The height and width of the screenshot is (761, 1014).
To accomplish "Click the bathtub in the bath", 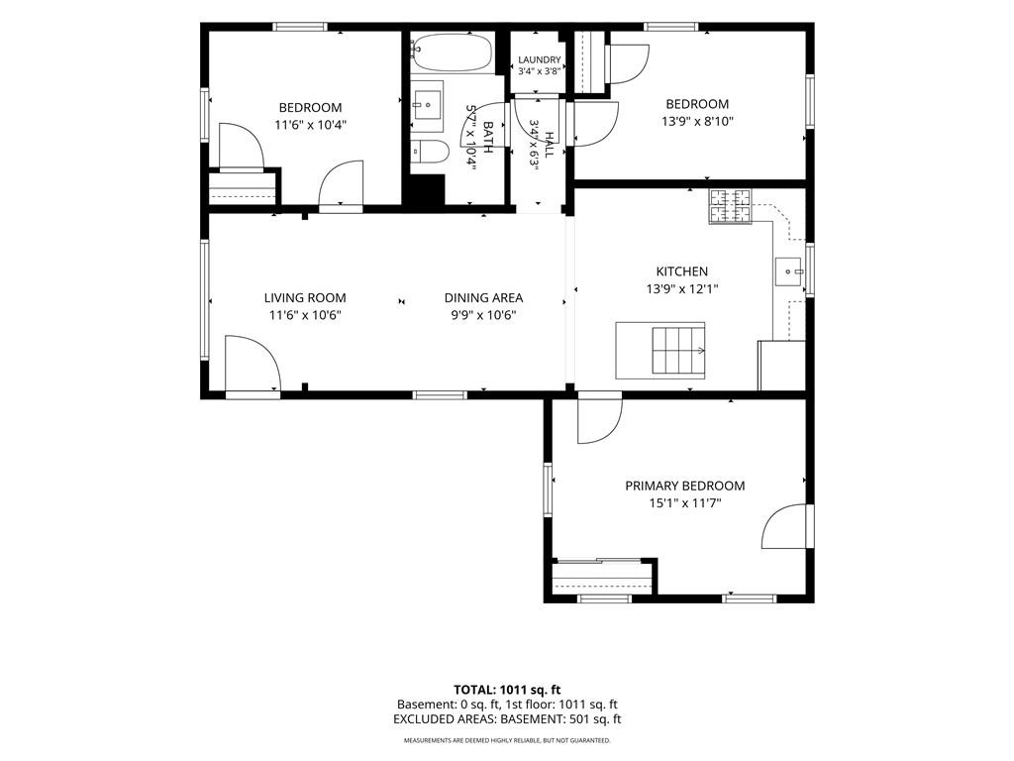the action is [452, 53].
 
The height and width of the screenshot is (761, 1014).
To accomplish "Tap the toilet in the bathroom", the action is [431, 152].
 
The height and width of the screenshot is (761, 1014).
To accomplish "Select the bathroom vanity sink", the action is [427, 103].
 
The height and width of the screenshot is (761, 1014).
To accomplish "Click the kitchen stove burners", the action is [731, 206].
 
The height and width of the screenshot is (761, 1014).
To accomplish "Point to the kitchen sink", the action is [789, 272].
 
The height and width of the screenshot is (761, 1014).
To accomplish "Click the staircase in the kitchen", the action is [677, 351].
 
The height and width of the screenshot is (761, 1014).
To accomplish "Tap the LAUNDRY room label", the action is [540, 59].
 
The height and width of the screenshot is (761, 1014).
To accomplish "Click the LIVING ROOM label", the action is [305, 297].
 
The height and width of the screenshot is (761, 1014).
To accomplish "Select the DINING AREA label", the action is [483, 297].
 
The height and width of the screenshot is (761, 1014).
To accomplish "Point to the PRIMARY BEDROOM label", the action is [685, 486].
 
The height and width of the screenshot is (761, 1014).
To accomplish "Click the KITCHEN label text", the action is [682, 272].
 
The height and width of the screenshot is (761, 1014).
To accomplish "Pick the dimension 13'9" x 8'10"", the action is [697, 121].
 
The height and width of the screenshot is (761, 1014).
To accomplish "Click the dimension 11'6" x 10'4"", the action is [310, 125].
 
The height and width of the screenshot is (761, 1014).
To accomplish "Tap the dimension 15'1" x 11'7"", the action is [685, 502].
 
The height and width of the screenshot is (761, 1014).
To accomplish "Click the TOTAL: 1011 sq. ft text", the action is [507, 690].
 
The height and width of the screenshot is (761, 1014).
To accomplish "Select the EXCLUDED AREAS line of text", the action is [507, 719].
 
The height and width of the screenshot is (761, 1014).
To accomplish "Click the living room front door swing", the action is [253, 363].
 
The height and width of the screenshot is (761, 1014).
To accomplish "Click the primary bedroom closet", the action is [602, 576].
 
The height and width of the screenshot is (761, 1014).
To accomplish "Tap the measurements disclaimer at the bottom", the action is [507, 740].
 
